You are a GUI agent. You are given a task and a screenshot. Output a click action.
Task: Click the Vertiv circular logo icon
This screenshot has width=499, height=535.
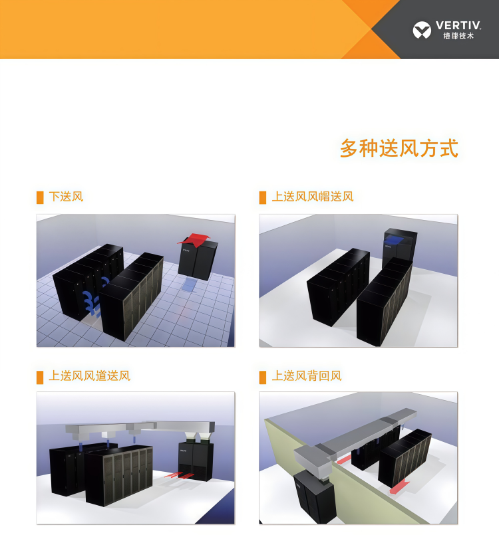(x=422, y=30)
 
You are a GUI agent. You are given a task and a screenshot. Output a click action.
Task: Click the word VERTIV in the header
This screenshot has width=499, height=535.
(x=458, y=25)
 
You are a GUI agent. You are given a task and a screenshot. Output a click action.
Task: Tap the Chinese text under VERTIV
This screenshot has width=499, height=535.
(x=458, y=36)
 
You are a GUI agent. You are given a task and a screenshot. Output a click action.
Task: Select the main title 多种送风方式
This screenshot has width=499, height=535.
(x=399, y=148)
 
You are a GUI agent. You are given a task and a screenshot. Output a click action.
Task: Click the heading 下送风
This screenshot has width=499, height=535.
(x=66, y=197)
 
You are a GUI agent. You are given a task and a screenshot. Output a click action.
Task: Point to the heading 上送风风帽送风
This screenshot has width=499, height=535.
(x=312, y=197)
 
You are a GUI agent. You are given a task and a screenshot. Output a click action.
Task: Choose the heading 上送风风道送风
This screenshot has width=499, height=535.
(x=89, y=376)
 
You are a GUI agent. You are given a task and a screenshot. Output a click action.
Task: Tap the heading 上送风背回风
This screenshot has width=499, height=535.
(x=306, y=376)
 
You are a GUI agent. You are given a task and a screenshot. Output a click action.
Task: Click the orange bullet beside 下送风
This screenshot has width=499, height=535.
(x=40, y=197)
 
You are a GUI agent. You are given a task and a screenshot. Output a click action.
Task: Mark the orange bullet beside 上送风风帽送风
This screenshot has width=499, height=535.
(x=263, y=197)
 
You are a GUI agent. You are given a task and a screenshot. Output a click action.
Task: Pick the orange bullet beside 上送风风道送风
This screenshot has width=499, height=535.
(x=40, y=377)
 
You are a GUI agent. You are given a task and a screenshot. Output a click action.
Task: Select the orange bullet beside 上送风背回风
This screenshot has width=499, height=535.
(x=263, y=377)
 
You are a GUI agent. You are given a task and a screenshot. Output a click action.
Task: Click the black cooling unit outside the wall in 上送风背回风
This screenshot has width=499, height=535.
(x=315, y=495)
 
